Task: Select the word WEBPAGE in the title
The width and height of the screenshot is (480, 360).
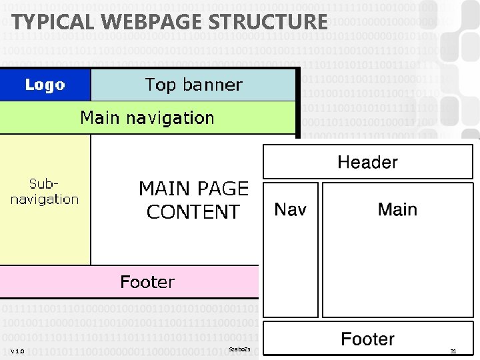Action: click(132, 21)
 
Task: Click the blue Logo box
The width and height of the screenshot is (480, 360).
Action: click(45, 85)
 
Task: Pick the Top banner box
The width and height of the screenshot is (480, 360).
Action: click(193, 85)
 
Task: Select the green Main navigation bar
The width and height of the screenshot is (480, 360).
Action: click(147, 118)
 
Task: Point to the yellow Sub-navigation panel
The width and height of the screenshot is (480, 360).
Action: click(45, 199)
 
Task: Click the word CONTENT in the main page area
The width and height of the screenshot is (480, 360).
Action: click(193, 213)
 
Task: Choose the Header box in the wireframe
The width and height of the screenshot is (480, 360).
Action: click(367, 162)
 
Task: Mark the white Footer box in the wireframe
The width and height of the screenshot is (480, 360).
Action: click(367, 339)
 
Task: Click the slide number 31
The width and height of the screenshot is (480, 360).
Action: click(453, 351)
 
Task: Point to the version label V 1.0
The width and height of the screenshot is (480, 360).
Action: click(17, 351)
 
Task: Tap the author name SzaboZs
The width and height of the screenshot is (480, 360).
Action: click(238, 349)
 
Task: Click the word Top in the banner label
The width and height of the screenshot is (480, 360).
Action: click(161, 85)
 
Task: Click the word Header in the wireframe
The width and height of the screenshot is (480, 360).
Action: click(367, 162)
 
